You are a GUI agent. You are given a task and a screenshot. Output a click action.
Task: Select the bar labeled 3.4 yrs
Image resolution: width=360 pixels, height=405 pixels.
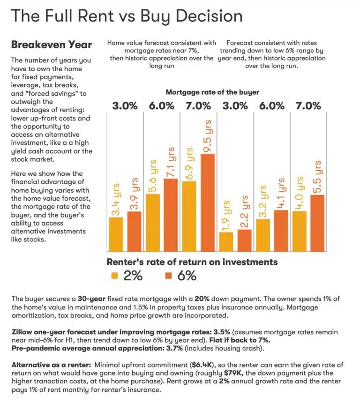116,234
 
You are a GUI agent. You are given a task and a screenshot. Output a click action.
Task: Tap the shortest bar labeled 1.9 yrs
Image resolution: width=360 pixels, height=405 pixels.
226,242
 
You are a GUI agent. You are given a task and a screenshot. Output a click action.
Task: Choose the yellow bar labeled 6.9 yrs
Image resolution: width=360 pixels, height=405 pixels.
189,216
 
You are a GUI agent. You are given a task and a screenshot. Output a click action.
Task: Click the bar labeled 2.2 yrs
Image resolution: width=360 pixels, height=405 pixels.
244,240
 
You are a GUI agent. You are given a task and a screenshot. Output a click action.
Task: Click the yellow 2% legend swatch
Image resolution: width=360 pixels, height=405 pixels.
114,275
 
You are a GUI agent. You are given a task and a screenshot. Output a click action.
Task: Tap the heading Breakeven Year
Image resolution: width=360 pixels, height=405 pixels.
52,45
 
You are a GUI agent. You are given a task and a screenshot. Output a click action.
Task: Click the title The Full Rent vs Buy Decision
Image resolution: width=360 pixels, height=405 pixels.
127,16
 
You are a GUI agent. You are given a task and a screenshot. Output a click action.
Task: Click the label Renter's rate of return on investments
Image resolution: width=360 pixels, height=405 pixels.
192,262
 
